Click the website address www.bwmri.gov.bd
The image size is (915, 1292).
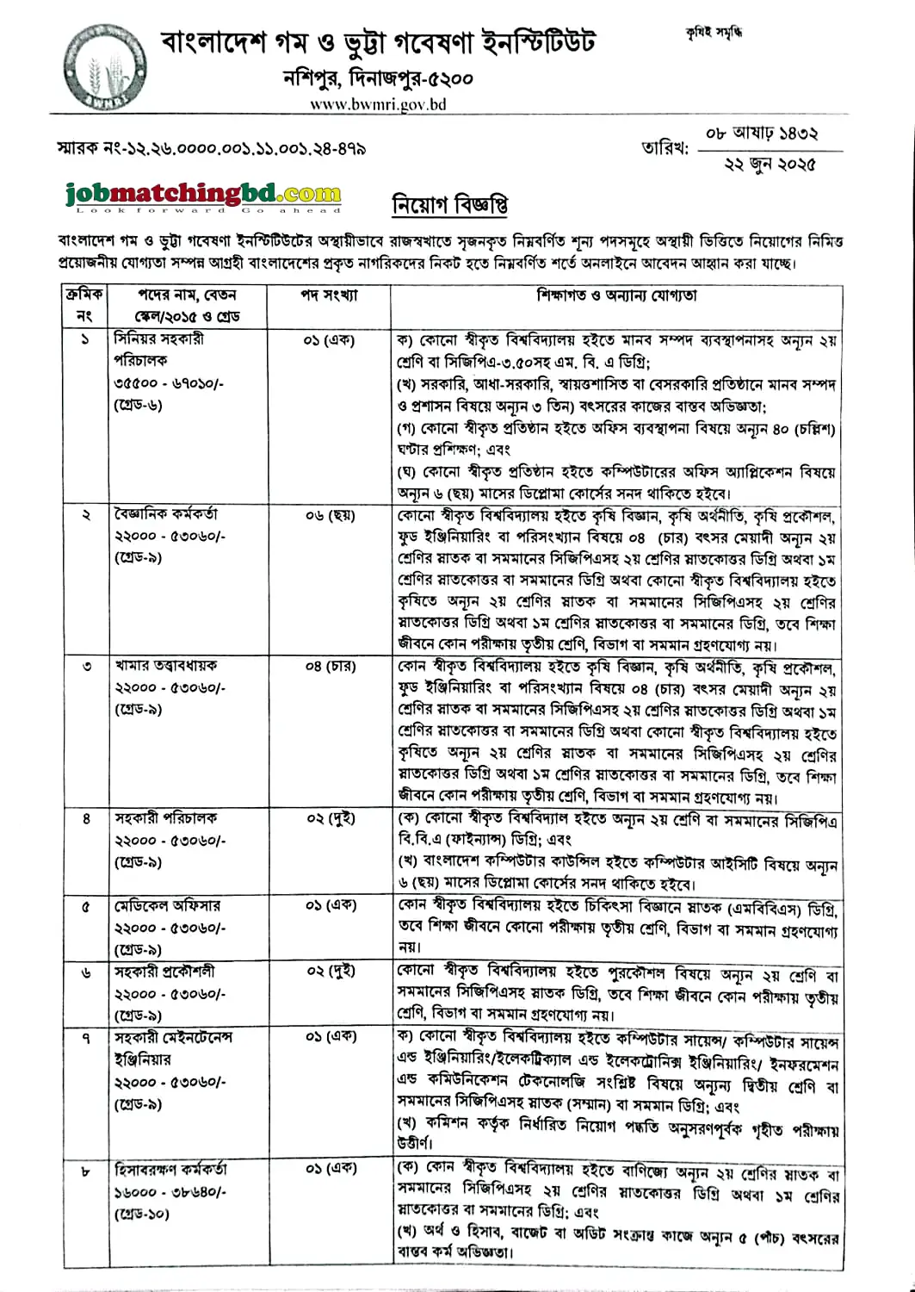(x=378, y=104)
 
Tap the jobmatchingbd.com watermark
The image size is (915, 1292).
(x=203, y=196)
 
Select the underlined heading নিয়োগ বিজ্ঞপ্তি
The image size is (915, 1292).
(x=449, y=206)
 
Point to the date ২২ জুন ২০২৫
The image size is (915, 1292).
(x=770, y=164)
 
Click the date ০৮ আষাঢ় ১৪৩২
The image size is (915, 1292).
(x=762, y=134)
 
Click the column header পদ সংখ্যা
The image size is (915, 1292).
(x=329, y=295)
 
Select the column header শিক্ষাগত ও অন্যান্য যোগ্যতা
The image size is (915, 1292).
(x=616, y=295)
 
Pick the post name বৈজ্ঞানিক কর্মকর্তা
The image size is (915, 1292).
(x=165, y=514)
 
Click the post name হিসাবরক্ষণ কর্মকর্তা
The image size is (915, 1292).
(x=170, y=1170)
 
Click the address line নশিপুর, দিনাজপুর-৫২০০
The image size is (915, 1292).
(x=378, y=78)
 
